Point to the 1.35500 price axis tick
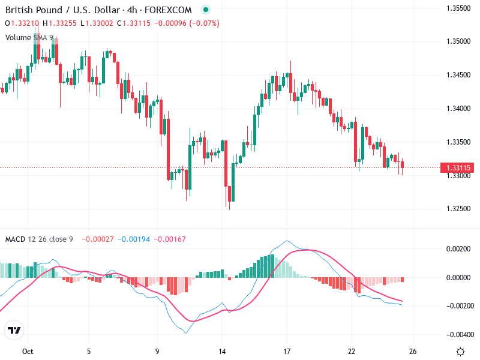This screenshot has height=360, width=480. (x=458, y=8)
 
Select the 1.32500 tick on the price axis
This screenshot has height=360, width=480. (x=458, y=209)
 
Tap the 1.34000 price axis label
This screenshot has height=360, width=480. (x=458, y=109)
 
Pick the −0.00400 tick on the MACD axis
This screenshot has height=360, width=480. (x=458, y=335)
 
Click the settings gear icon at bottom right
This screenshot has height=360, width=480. (x=460, y=352)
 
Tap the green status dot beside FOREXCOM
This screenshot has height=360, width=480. (x=206, y=10)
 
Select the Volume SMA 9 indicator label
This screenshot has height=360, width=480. (x=29, y=37)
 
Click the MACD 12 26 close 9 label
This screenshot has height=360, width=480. (x=39, y=239)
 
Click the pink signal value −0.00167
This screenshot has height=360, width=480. (x=170, y=239)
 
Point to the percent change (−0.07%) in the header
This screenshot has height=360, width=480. (x=204, y=23)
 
